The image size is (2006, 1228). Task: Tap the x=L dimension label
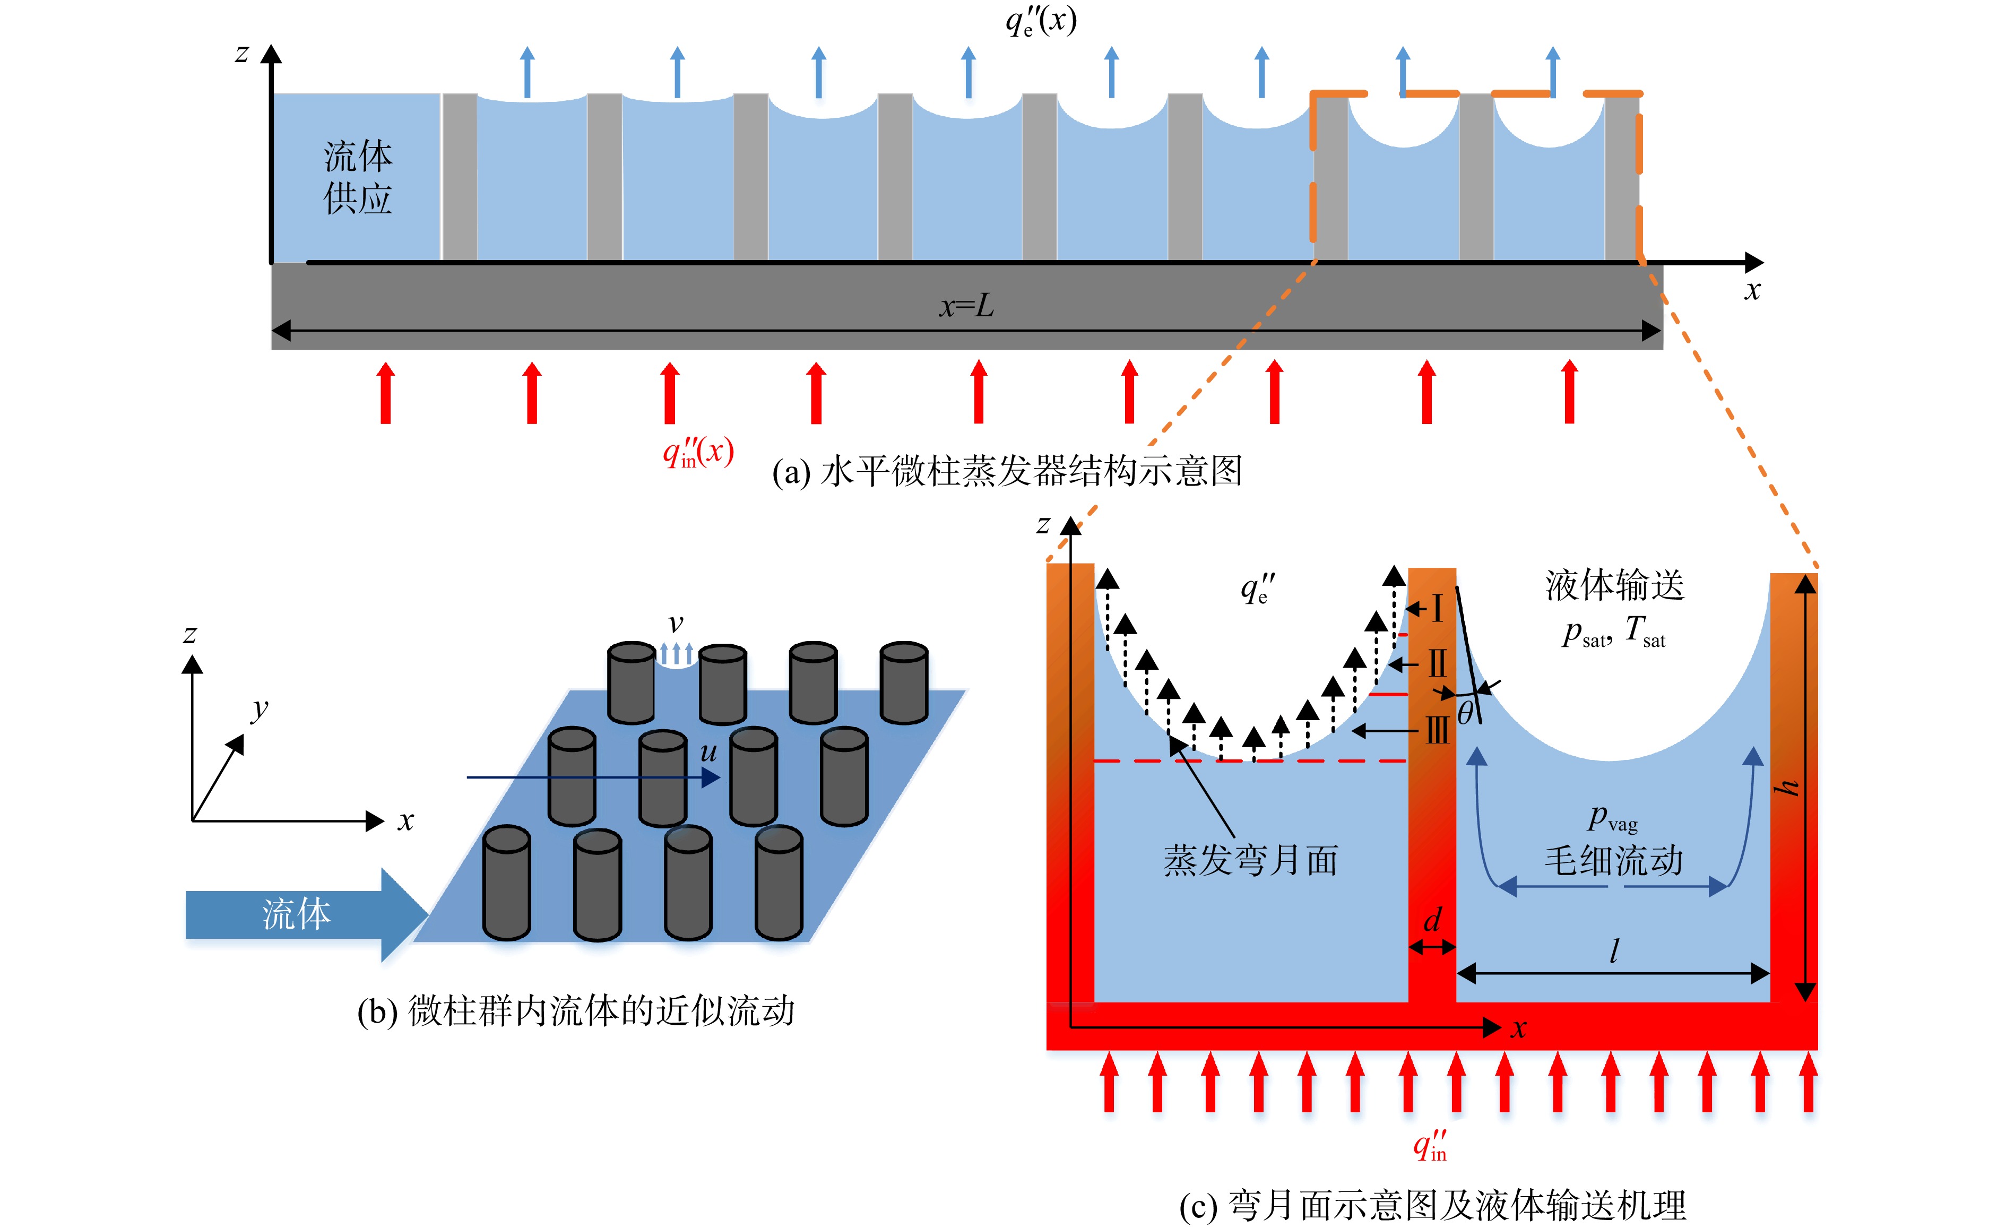966,306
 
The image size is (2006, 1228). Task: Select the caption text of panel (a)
1007,471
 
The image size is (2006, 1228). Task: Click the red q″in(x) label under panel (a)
698,452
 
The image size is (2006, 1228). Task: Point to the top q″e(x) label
1041,20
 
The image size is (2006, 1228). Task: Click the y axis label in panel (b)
259,710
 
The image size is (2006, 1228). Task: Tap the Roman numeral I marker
1437,608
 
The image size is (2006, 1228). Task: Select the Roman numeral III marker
1437,730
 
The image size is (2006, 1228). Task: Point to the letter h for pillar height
1788,786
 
